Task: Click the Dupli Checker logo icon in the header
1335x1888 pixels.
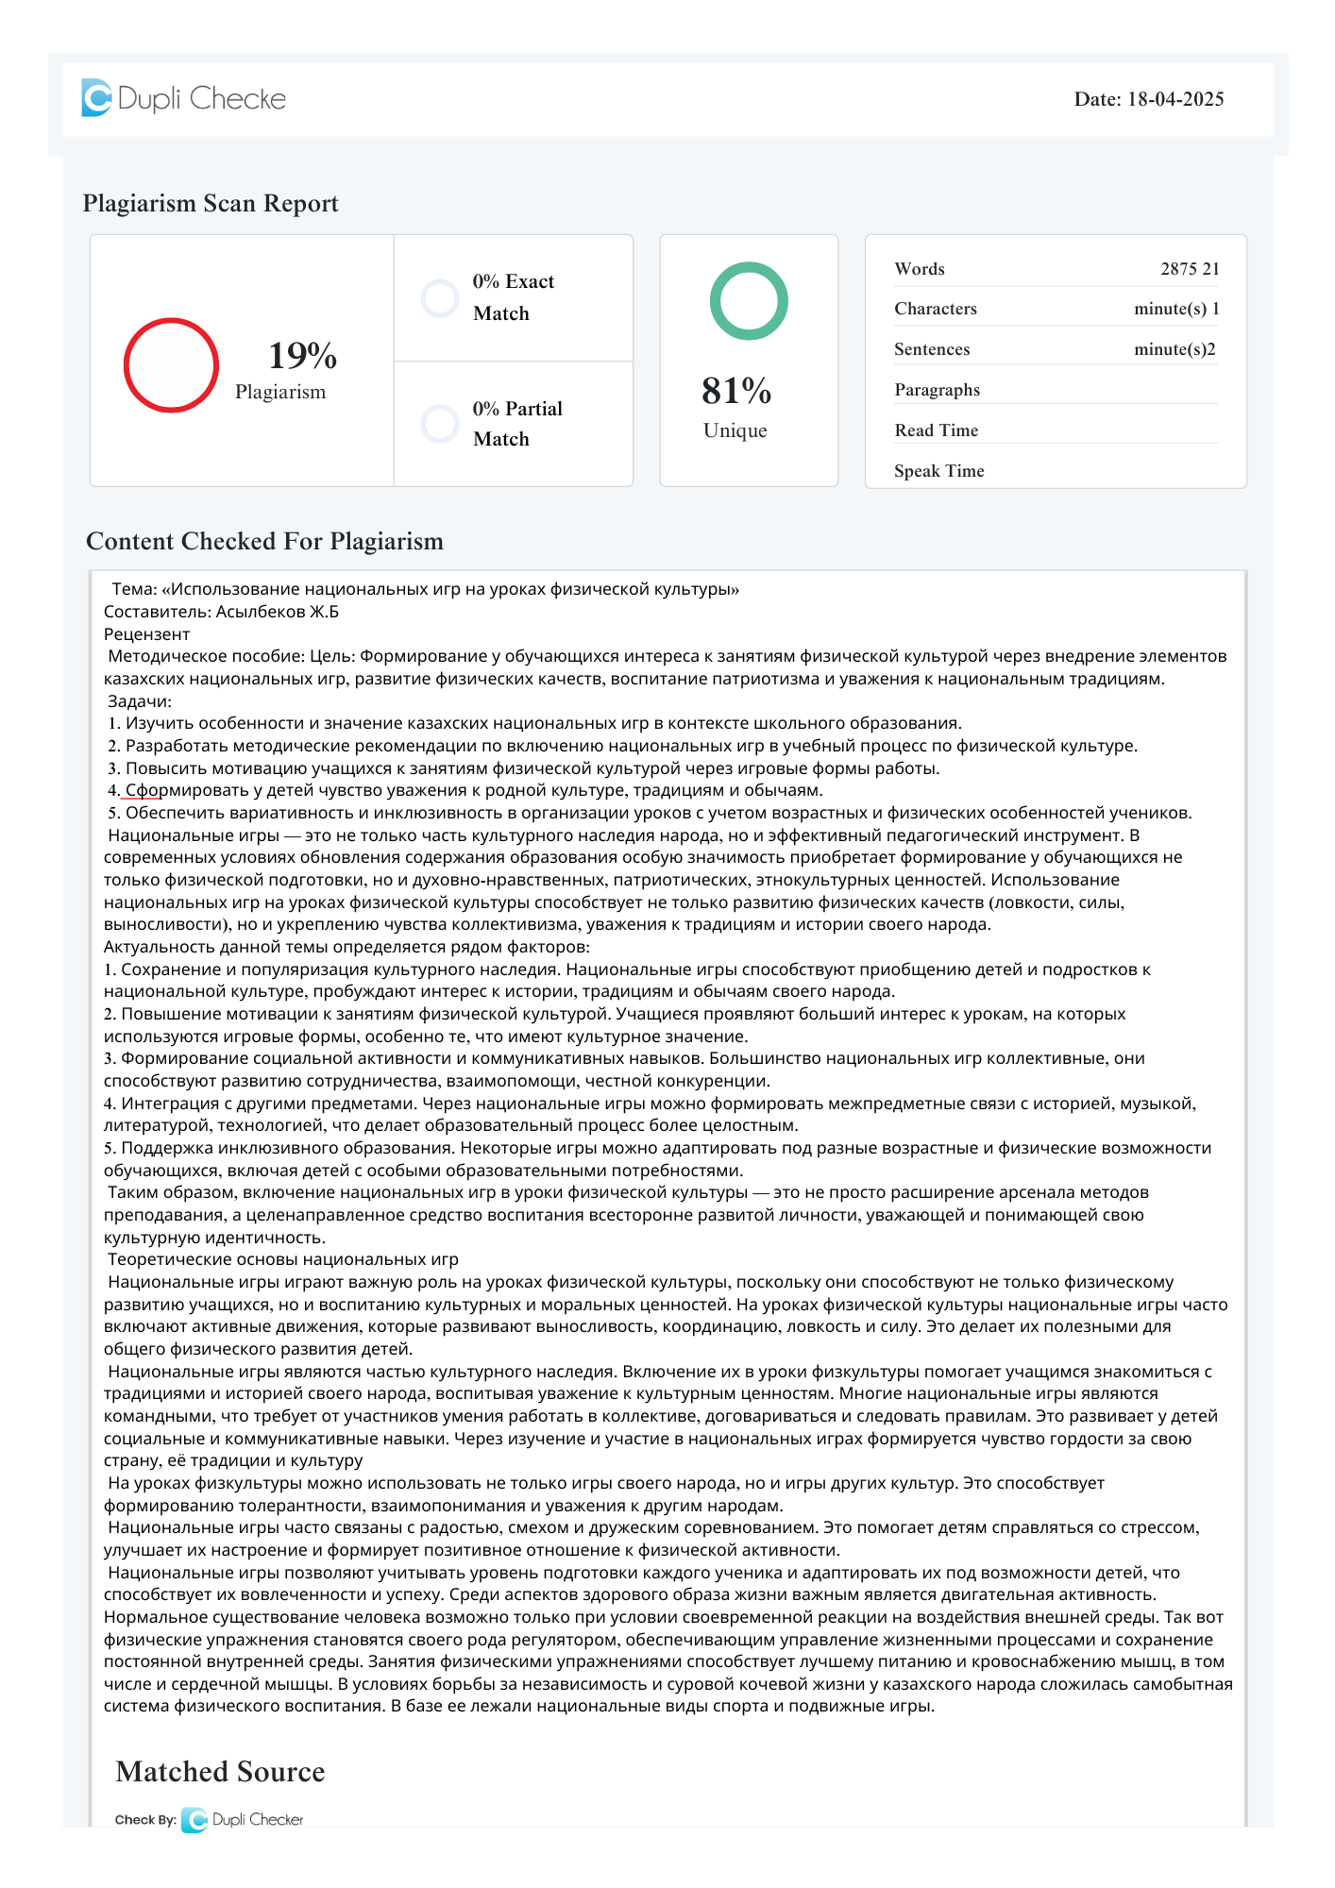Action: [x=96, y=98]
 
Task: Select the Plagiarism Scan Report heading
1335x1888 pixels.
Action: [x=211, y=204]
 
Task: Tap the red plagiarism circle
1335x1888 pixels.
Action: [x=171, y=365]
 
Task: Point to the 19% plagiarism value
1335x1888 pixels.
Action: [x=302, y=356]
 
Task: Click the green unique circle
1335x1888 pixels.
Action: [x=749, y=301]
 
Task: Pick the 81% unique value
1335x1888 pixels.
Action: [x=736, y=391]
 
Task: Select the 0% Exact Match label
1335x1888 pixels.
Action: [x=513, y=297]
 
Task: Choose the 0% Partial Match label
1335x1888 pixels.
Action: [x=516, y=424]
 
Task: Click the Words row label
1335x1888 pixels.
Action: [x=920, y=269]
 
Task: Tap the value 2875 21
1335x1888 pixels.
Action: [x=1190, y=269]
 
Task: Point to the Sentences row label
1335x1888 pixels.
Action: [x=932, y=349]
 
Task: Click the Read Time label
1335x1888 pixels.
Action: [x=937, y=430]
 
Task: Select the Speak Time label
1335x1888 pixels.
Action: [x=939, y=471]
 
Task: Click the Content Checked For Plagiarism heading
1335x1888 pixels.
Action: [x=264, y=542]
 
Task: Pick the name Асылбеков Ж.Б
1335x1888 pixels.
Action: [x=278, y=612]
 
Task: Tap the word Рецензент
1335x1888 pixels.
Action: [x=147, y=634]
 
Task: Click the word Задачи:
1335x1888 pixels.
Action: [x=140, y=701]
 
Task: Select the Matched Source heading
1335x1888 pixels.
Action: [x=220, y=1772]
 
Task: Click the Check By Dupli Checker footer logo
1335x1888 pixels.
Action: [x=243, y=1820]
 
